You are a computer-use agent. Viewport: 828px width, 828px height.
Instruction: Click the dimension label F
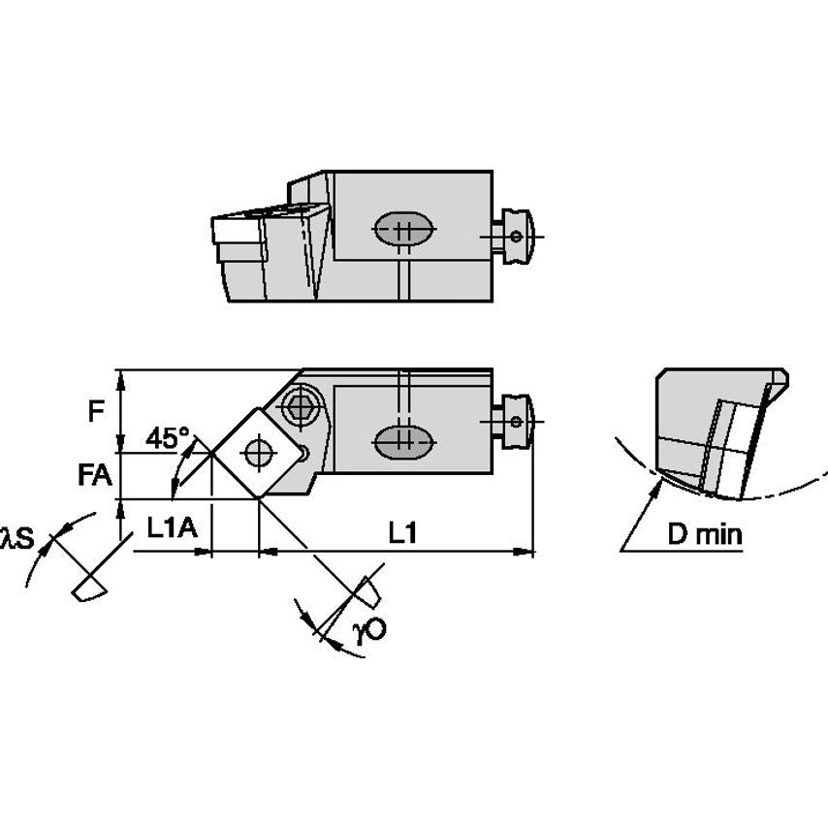(x=95, y=411)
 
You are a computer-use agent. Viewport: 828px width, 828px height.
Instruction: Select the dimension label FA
(x=95, y=475)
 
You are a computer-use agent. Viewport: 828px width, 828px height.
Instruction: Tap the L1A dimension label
(x=172, y=528)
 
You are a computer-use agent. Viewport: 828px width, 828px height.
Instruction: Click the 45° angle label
(x=167, y=438)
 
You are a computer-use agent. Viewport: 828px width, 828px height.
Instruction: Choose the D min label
(x=704, y=534)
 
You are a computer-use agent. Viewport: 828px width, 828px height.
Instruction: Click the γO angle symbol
(x=369, y=630)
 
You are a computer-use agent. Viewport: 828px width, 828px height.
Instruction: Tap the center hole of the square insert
(x=257, y=452)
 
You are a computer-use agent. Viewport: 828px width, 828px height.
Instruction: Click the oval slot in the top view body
(x=404, y=231)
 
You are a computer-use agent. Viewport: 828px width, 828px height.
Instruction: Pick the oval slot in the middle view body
(x=404, y=441)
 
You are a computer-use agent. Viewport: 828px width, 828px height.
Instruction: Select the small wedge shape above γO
(x=369, y=589)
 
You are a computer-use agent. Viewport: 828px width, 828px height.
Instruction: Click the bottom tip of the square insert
(x=258, y=498)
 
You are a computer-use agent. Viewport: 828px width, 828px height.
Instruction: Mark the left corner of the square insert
(x=213, y=453)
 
